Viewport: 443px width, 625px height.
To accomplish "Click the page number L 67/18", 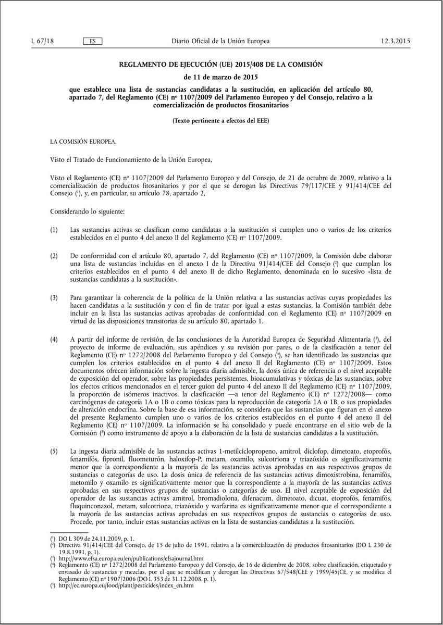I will point(42,41).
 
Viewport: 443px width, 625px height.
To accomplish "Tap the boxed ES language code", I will point(92,41).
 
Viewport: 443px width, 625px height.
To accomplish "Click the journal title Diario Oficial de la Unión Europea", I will point(220,41).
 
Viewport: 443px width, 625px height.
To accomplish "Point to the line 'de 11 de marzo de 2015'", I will point(221,77).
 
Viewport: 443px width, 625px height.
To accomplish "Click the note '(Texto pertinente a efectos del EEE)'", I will point(221,121).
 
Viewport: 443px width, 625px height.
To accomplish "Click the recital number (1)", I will point(54,230).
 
